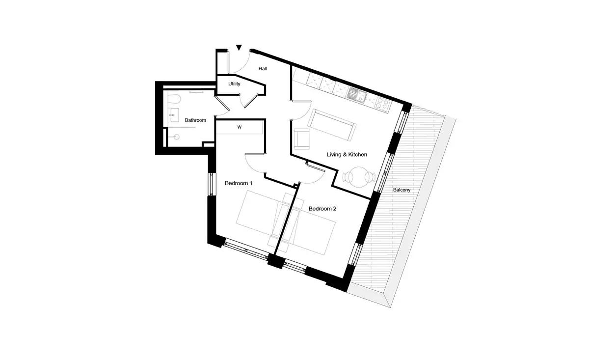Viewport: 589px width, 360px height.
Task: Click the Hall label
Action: [x=263, y=69]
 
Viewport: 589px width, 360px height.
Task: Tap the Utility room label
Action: [x=234, y=84]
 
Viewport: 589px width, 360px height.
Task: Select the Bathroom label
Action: [x=195, y=120]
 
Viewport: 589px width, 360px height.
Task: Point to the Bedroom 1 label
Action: [x=239, y=183]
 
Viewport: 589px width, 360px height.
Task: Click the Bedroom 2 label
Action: [x=322, y=209]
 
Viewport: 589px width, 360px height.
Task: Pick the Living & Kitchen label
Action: [x=347, y=155]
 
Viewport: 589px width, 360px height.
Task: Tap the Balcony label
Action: [x=402, y=190]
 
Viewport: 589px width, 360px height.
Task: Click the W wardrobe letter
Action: [x=240, y=127]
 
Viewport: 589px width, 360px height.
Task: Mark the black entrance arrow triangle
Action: [x=239, y=47]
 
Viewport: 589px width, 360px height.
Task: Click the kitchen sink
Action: [x=356, y=95]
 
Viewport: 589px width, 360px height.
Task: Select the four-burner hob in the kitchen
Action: [x=382, y=103]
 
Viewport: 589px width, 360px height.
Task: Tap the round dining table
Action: [x=359, y=177]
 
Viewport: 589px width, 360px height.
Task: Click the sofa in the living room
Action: [x=332, y=125]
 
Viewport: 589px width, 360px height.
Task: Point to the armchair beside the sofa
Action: [x=301, y=139]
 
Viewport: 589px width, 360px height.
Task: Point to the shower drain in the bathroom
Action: [x=177, y=137]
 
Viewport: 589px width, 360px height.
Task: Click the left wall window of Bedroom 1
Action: [x=212, y=184]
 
